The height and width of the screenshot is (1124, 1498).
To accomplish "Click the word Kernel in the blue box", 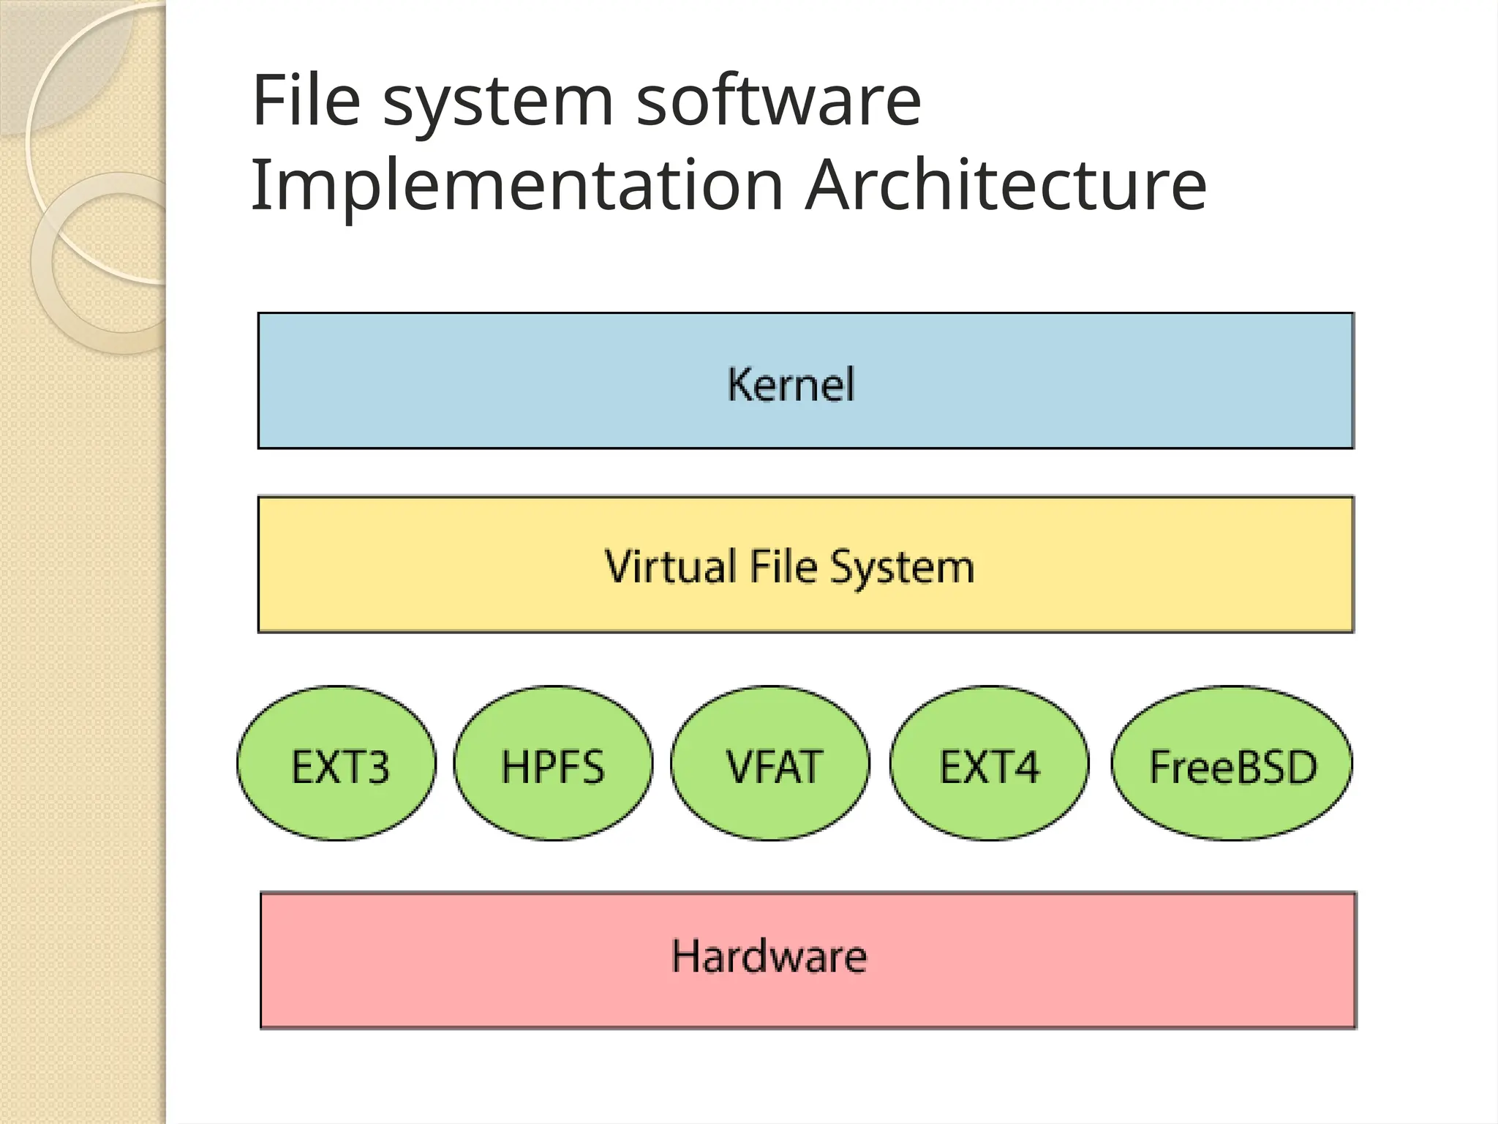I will tap(791, 384).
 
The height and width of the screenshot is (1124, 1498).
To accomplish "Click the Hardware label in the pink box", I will tap(769, 956).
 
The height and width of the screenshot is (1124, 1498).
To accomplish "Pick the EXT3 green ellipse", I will tap(336, 763).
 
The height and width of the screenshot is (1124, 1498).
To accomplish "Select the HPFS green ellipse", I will tap(553, 763).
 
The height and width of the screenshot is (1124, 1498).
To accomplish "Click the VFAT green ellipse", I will tap(770, 763).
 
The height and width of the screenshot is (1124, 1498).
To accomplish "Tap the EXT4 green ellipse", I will tap(989, 763).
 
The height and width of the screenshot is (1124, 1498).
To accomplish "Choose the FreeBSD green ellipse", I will tap(1232, 763).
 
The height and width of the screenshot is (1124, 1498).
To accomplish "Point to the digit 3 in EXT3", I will tap(377, 767).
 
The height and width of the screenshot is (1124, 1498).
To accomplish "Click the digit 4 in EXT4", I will tap(1025, 767).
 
